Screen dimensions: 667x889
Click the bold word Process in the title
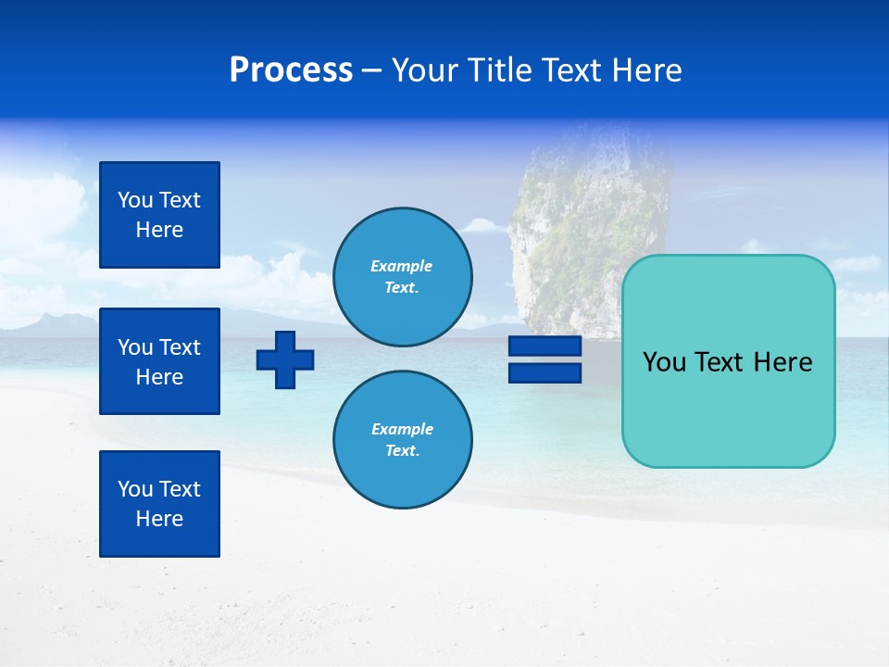pos(291,70)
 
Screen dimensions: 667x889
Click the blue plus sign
pos(285,359)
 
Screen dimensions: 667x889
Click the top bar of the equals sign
pos(545,346)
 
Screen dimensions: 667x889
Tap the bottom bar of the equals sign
pos(545,372)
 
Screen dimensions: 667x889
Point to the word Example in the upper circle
pos(402,266)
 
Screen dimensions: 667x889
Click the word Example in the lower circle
pos(402,429)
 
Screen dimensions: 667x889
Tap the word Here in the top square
pos(159,230)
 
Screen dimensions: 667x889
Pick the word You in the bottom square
pos(135,489)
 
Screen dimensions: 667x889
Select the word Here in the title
pos(646,70)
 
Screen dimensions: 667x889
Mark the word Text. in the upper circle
pos(402,287)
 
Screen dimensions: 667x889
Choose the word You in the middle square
pos(135,347)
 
